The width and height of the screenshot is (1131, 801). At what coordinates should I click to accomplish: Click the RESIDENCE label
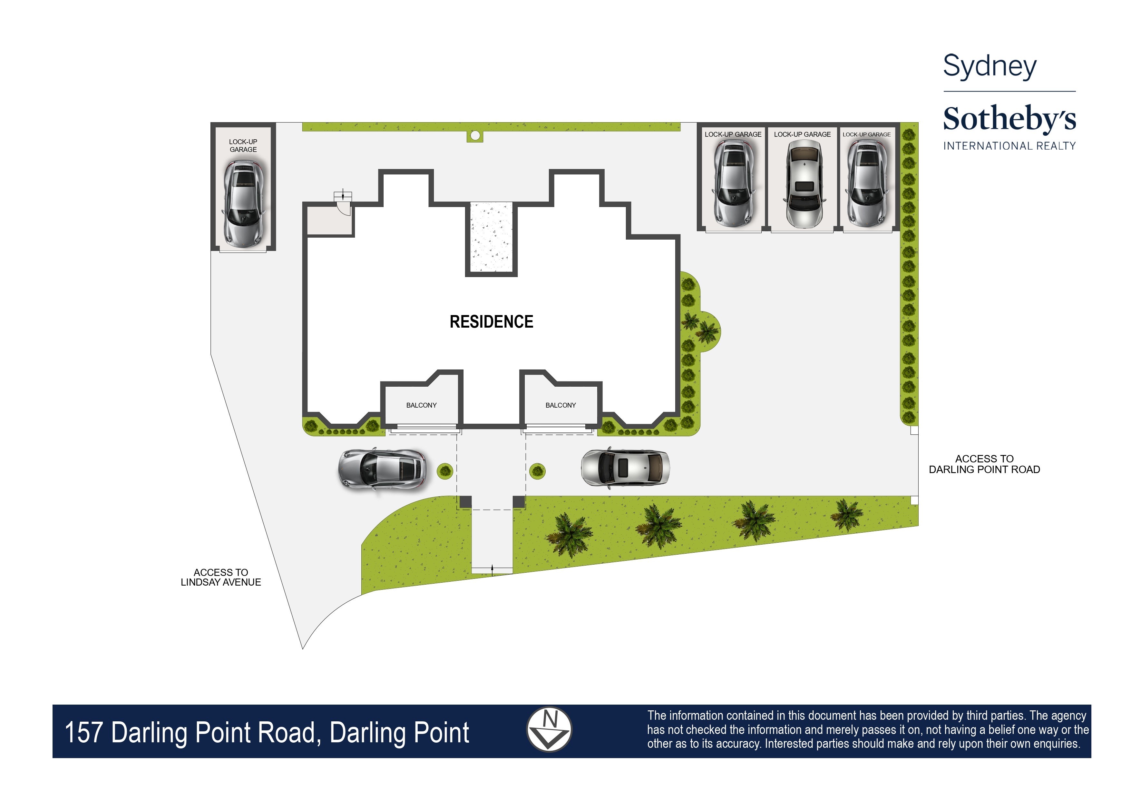[491, 321]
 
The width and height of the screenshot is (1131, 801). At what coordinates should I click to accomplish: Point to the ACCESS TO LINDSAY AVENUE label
[221, 577]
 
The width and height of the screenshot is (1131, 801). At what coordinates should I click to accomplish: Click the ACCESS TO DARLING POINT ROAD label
[984, 464]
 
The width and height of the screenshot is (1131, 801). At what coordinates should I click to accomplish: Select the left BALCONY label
[421, 405]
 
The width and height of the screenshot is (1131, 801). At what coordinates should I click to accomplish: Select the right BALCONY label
[560, 405]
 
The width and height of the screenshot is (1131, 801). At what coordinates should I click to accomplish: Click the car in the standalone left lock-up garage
[243, 204]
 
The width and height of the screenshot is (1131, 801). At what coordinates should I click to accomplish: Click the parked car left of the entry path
[382, 469]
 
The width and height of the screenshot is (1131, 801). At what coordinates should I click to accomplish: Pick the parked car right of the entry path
[625, 468]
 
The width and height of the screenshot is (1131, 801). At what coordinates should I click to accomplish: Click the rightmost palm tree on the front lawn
[846, 514]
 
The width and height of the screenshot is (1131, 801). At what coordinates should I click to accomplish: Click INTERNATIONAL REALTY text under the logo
[1009, 146]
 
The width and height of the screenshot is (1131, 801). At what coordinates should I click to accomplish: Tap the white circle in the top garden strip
[475, 135]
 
